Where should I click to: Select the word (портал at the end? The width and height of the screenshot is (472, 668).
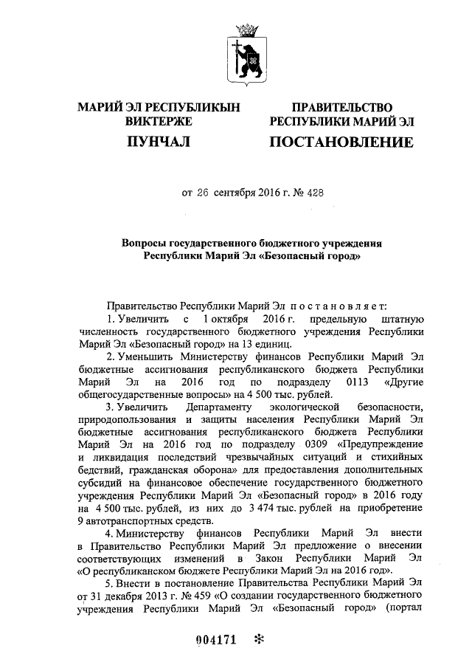(x=404, y=609)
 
